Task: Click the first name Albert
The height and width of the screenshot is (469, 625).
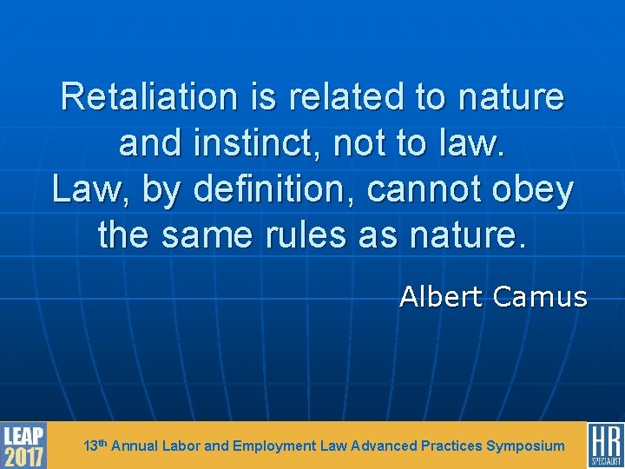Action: click(x=441, y=298)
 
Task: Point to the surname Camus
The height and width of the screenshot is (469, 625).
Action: click(x=540, y=298)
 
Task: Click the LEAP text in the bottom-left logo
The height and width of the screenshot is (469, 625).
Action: click(x=23, y=435)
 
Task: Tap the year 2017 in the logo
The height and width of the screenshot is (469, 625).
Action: click(x=23, y=457)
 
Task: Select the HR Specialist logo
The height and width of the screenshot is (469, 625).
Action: click(x=605, y=445)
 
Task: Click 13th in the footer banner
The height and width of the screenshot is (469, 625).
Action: click(x=95, y=446)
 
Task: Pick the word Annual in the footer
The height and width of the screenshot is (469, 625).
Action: click(x=135, y=446)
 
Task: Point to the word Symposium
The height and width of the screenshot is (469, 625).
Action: click(x=525, y=446)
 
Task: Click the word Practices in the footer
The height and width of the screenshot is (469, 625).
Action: click(x=451, y=446)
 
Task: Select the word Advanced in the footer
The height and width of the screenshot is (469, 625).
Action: click(x=384, y=446)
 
